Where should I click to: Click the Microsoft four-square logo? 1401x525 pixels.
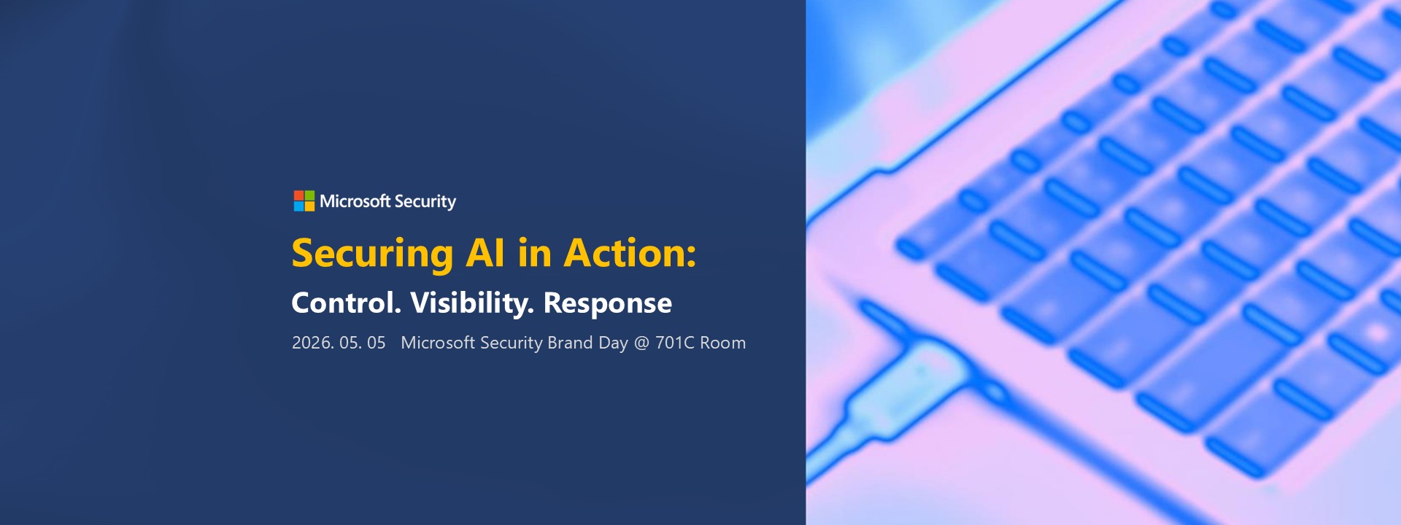click(x=304, y=201)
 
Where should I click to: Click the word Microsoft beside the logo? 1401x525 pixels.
click(x=355, y=201)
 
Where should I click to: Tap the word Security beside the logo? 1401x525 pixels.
click(x=425, y=202)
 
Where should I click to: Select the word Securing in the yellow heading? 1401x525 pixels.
click(x=373, y=254)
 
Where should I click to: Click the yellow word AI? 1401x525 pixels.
click(x=485, y=253)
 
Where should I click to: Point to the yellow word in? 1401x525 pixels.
click(x=535, y=253)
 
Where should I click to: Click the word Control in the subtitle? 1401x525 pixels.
click(x=347, y=303)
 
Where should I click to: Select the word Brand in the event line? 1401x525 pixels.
click(x=570, y=343)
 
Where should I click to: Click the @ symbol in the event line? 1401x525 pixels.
click(x=641, y=343)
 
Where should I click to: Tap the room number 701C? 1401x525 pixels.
click(x=675, y=343)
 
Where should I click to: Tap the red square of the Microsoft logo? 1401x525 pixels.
click(x=298, y=195)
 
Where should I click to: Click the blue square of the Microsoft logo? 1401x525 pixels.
click(x=298, y=207)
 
